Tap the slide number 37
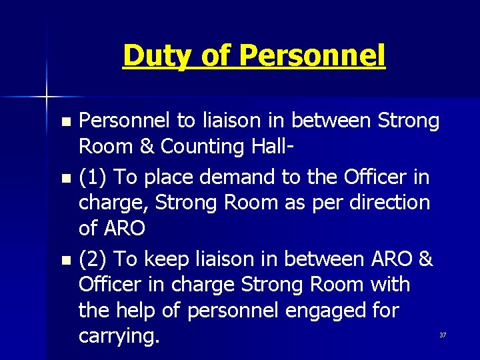442,335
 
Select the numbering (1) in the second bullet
94,177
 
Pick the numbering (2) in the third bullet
94,259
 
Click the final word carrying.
119,336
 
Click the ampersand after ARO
426,259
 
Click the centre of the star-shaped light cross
47,97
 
